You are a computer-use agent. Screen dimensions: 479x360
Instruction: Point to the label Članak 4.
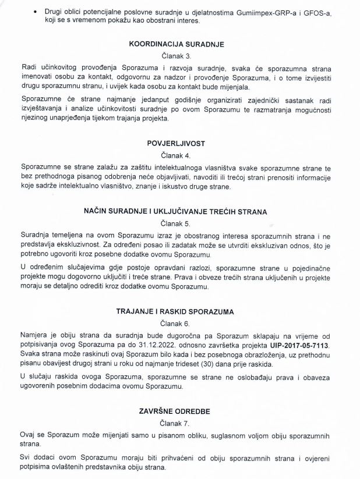click(179, 155)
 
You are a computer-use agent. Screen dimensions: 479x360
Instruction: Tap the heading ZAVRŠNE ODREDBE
click(179, 411)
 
